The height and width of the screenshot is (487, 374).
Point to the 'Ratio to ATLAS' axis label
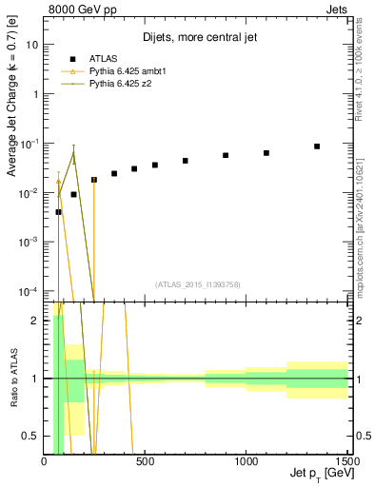pyautogui.click(x=13, y=378)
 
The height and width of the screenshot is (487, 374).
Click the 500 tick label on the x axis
pyautogui.click(x=146, y=461)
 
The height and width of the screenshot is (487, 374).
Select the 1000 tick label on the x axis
pyautogui.click(x=246, y=461)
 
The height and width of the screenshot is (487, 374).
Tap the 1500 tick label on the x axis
pyautogui.click(x=347, y=461)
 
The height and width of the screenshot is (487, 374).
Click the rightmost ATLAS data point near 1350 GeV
pyautogui.click(x=317, y=146)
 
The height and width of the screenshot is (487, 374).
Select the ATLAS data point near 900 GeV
pyautogui.click(x=226, y=155)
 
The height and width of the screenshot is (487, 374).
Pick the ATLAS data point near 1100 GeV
pyautogui.click(x=266, y=152)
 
